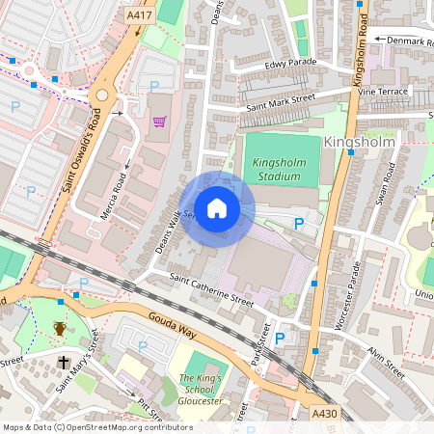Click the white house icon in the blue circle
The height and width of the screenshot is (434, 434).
pos(217,208)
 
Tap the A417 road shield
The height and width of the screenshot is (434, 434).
pos(140,16)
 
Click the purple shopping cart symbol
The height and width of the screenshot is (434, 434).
pos(159,122)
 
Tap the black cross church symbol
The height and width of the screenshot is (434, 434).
pos(64,363)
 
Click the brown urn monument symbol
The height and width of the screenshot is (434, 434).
pos(60,329)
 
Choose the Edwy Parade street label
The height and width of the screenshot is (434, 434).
pos(289,64)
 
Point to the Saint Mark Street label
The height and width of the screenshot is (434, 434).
pos(281,100)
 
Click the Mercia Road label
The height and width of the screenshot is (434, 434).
pos(115,196)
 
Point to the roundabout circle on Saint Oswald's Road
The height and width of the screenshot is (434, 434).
pos(100,95)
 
